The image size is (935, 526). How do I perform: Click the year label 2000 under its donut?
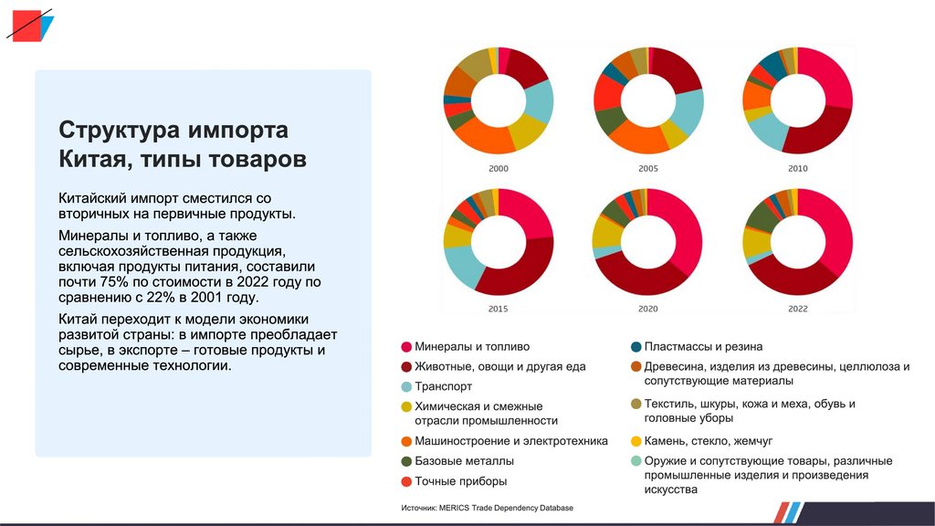pos(499,169)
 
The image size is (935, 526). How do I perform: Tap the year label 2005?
pos(648,169)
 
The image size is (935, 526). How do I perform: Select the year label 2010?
pos(797,169)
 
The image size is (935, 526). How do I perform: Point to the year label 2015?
pos(499,310)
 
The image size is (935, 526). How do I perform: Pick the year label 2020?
pos(648,310)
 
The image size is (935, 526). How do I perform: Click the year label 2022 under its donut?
pos(797,310)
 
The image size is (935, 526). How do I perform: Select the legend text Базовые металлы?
pos(464,461)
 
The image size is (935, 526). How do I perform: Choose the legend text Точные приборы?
pos(460,481)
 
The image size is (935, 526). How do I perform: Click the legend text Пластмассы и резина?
pos(703,347)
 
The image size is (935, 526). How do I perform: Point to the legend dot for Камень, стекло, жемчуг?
pos(636,441)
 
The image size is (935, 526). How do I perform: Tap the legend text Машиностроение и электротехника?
pos(511,441)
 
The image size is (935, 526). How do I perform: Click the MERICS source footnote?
pos(487,508)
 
